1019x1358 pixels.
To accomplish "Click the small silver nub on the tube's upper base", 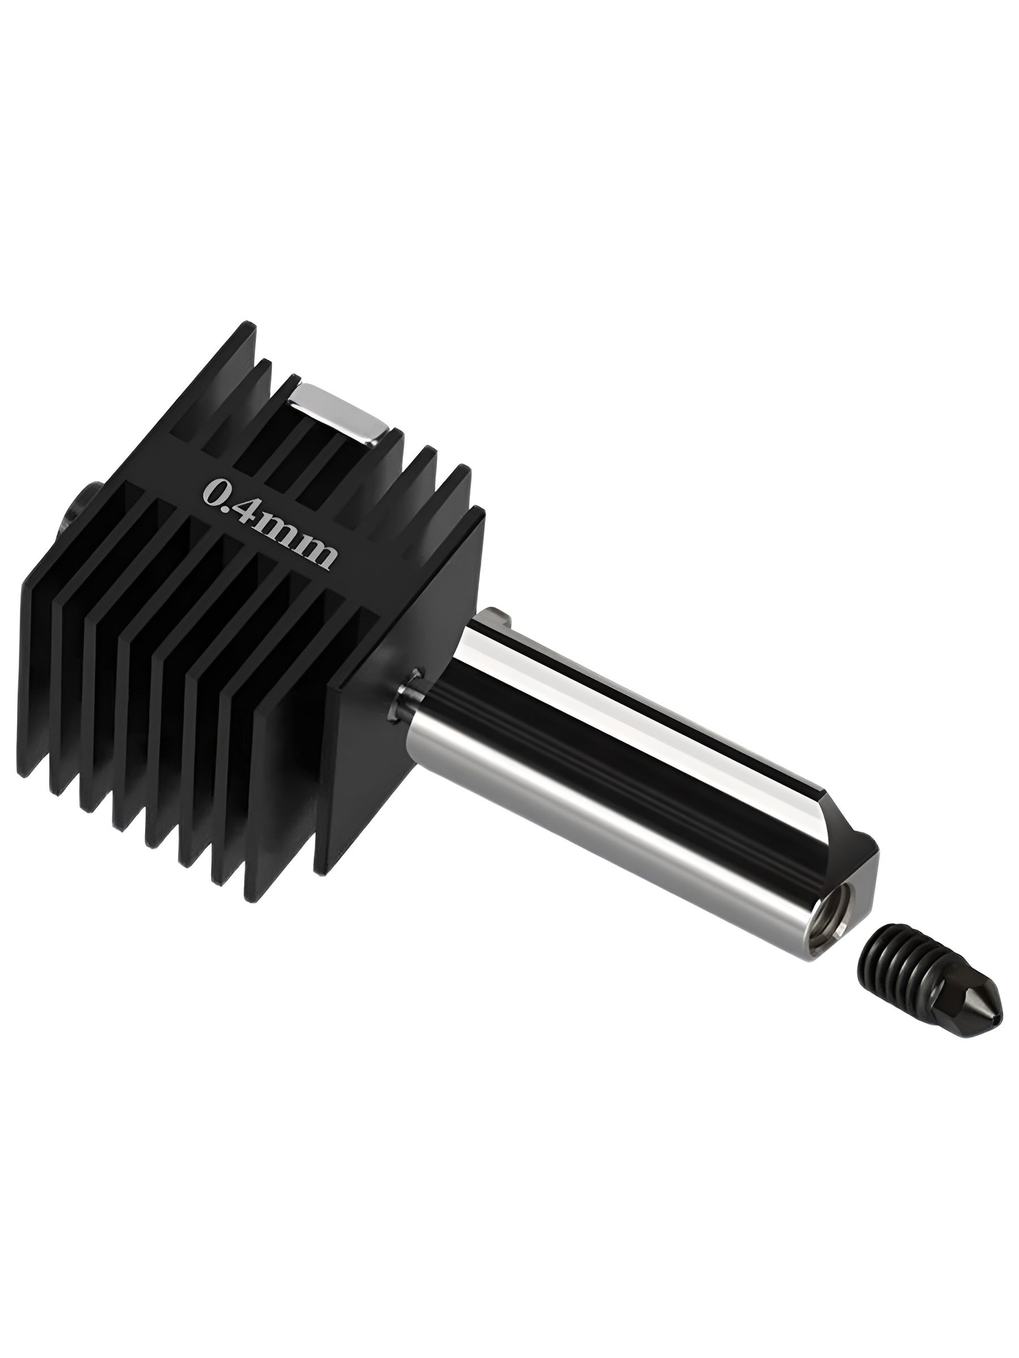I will click(x=500, y=614).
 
